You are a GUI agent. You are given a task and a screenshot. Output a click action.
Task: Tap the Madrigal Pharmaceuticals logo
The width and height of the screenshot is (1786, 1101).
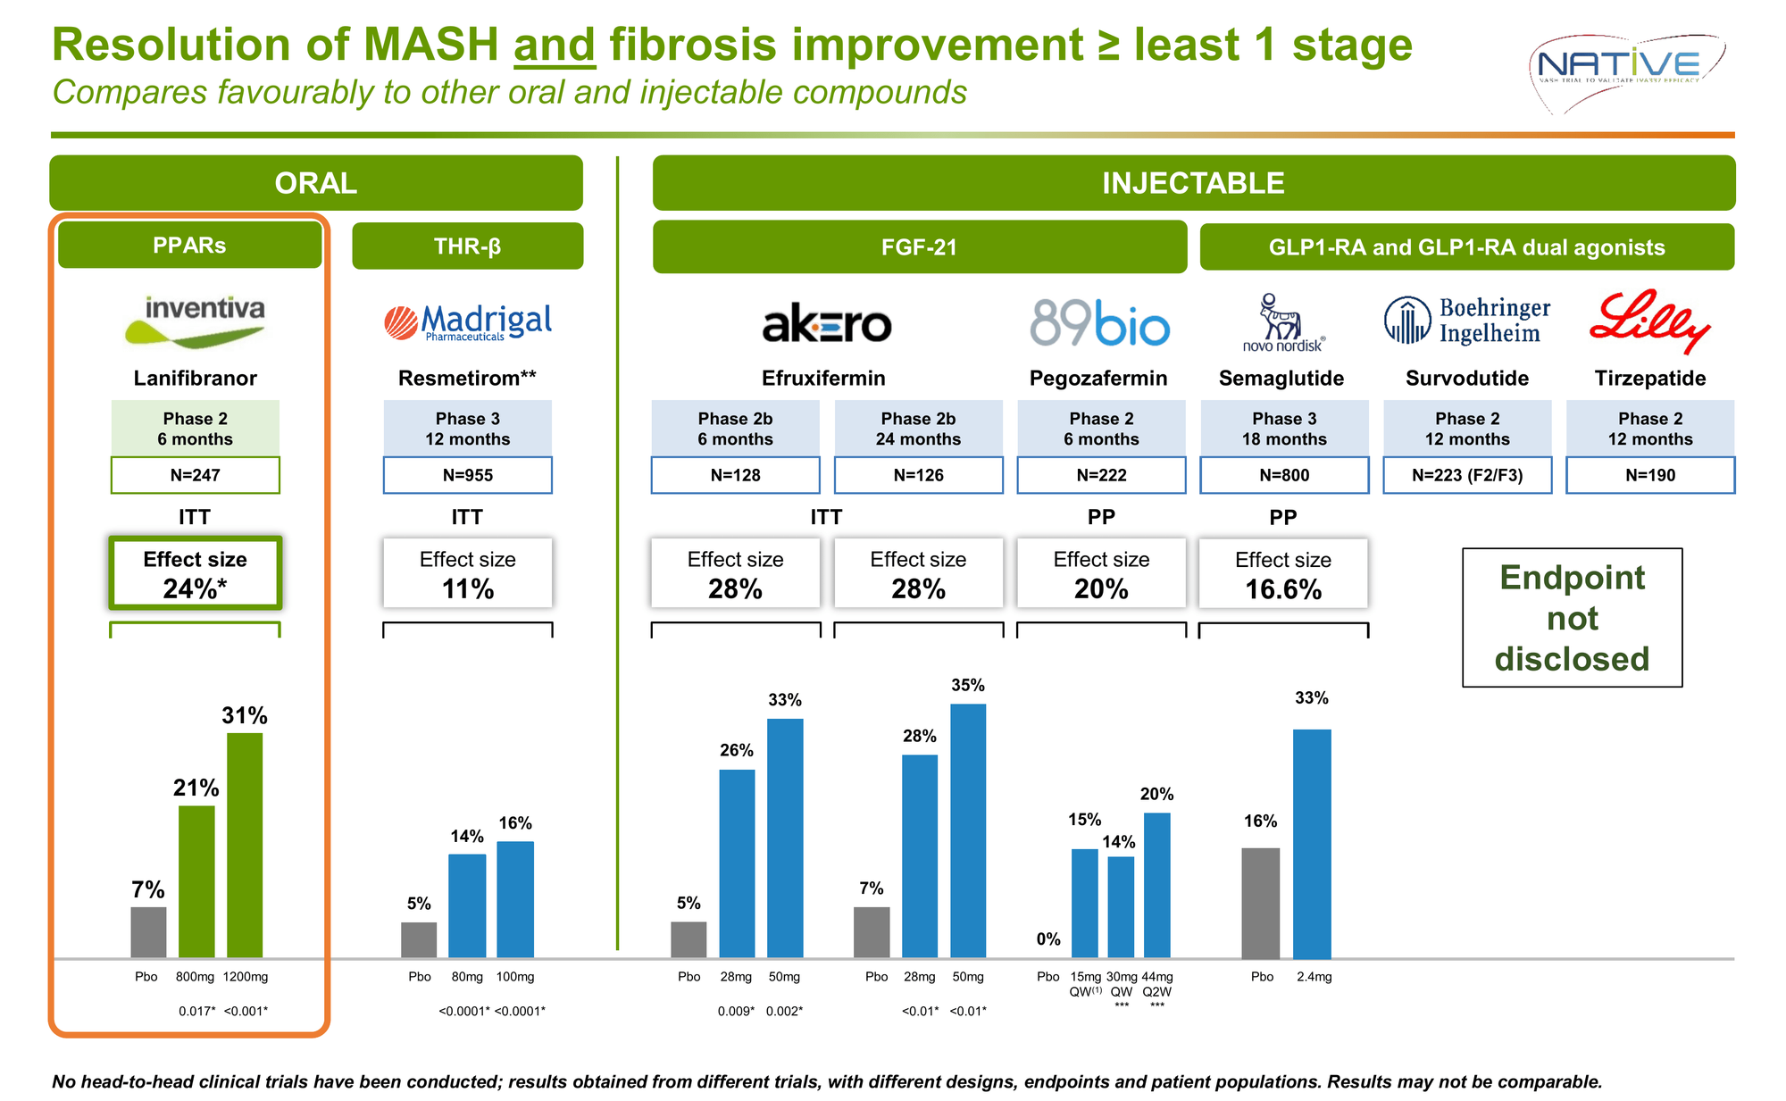coord(468,322)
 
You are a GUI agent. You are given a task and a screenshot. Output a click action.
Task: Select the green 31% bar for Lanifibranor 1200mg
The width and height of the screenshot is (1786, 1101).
coord(245,845)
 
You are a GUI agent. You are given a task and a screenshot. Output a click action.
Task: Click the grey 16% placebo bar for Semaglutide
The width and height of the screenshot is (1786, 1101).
coord(1260,902)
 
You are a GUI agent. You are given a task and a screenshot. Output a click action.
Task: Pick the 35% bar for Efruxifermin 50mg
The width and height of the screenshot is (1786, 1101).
coord(968,830)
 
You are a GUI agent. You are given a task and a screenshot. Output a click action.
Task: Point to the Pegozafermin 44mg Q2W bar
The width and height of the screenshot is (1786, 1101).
coord(1156,884)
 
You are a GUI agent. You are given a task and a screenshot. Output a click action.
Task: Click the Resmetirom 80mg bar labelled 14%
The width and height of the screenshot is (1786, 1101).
coord(467,905)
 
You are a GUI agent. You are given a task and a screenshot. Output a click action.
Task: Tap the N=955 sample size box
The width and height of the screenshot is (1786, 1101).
coord(468,475)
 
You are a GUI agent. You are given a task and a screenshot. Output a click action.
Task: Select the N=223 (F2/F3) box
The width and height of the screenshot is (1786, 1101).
coord(1467,475)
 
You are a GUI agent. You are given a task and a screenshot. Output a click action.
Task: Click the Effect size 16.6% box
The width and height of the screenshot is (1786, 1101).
coord(1283,574)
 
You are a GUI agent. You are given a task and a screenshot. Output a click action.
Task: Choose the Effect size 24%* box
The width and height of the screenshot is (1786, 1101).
coord(195,573)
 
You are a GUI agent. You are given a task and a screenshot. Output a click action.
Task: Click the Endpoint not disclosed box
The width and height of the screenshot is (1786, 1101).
coord(1572,618)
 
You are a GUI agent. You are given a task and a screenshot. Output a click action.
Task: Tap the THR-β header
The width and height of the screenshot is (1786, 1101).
coord(468,246)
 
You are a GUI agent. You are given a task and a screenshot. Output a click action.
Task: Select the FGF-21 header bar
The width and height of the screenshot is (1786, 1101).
coord(920,247)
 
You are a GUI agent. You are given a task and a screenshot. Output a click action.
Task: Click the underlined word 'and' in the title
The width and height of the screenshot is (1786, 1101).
coord(554,45)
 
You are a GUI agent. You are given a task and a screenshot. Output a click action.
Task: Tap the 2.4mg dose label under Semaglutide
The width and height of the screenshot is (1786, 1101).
coord(1314,977)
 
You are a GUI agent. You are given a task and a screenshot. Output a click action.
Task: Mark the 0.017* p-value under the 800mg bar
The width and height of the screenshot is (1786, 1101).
coord(196,1012)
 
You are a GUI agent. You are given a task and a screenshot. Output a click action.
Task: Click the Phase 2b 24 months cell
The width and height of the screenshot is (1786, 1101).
coord(918,429)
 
